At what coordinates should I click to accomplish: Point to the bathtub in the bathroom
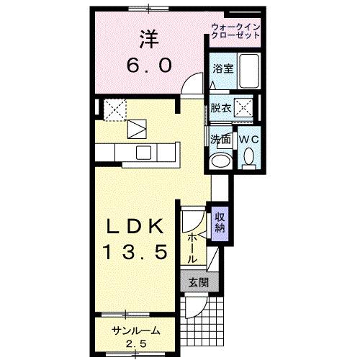tap(250, 71)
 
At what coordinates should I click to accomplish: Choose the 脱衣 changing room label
tap(220, 109)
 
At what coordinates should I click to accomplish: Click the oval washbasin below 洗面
tap(220, 160)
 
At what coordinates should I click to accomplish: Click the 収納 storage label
tap(219, 223)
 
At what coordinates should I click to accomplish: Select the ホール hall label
tap(192, 247)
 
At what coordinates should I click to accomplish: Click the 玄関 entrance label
tap(199, 283)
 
